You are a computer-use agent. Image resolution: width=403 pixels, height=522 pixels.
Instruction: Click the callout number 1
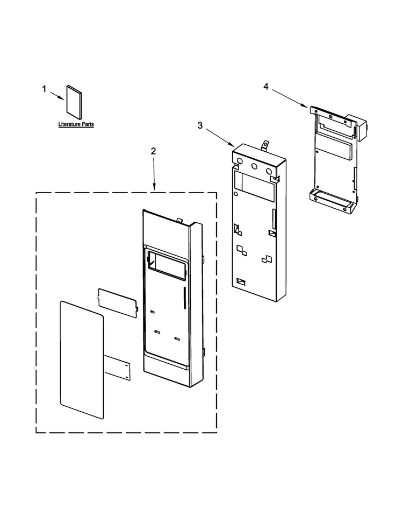44,89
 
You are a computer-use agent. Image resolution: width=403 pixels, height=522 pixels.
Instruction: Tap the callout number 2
153,151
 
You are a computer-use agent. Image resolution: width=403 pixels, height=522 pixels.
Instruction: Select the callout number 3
200,125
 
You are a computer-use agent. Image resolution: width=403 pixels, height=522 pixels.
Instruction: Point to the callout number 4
265,87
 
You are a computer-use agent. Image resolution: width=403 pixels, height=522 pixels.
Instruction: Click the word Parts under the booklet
88,124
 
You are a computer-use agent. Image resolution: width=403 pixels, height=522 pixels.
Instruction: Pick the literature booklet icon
74,102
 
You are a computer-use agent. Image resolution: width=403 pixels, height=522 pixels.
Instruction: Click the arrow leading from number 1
57,96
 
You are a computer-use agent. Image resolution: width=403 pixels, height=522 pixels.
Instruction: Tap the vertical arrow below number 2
154,174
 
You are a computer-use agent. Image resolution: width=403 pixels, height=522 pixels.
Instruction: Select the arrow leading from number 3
220,137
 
